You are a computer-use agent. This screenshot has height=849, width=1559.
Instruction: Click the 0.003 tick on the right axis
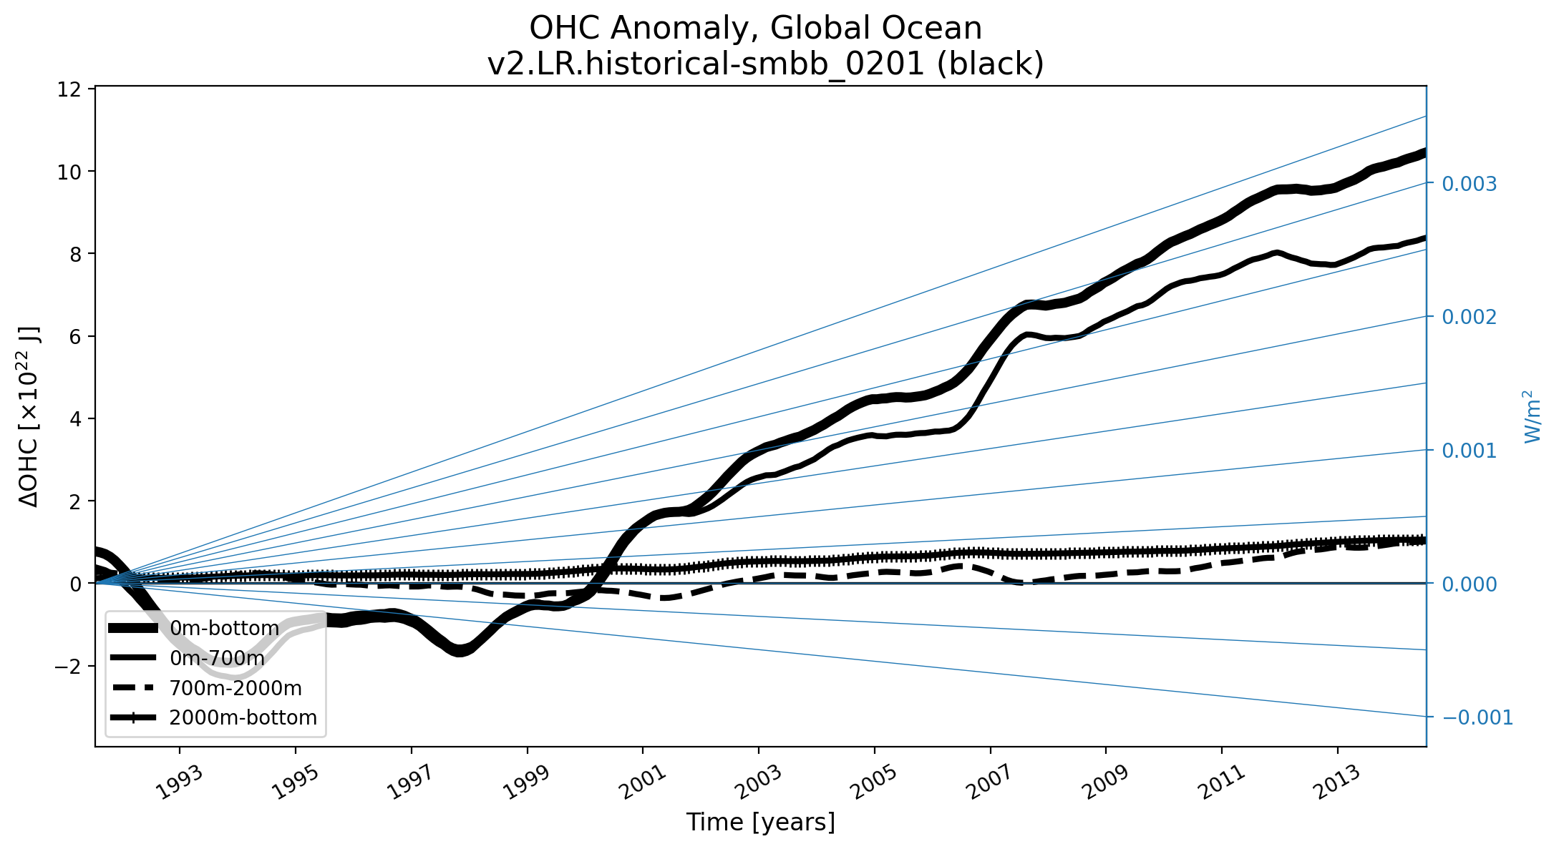1469,184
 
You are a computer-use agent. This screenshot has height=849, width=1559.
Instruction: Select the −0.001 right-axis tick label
1477,717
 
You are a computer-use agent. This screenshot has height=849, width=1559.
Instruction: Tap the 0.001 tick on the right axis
1469,451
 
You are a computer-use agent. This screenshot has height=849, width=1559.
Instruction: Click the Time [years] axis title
760,823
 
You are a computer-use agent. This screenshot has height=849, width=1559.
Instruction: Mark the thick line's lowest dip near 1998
460,651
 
